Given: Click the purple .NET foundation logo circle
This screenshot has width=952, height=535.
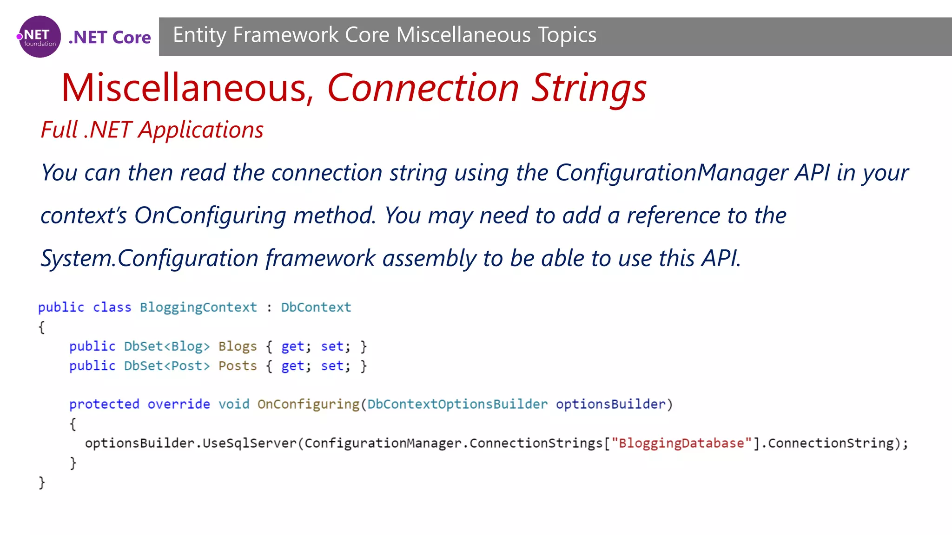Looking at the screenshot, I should (40, 37).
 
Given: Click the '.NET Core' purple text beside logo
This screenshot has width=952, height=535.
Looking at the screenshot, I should (110, 37).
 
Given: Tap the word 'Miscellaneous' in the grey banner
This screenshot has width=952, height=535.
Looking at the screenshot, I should (463, 35).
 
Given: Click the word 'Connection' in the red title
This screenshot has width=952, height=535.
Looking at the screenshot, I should (423, 88).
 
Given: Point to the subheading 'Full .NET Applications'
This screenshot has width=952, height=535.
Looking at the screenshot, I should (152, 130).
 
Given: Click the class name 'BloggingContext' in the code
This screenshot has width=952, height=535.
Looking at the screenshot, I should (198, 307).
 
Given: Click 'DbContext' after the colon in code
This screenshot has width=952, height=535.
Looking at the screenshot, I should (316, 307).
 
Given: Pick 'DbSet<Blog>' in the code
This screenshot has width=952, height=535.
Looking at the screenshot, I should (166, 346).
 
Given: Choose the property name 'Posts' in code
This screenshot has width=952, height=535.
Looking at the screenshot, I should (238, 366).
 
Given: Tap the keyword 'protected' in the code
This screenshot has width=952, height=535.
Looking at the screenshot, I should (104, 405).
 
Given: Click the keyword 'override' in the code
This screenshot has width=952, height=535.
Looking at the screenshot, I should (178, 405).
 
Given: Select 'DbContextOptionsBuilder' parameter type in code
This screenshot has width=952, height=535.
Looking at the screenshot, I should (457, 405).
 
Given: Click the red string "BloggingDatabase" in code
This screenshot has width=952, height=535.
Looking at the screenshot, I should (681, 444).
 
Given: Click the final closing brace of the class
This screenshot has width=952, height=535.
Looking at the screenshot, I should (42, 483).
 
